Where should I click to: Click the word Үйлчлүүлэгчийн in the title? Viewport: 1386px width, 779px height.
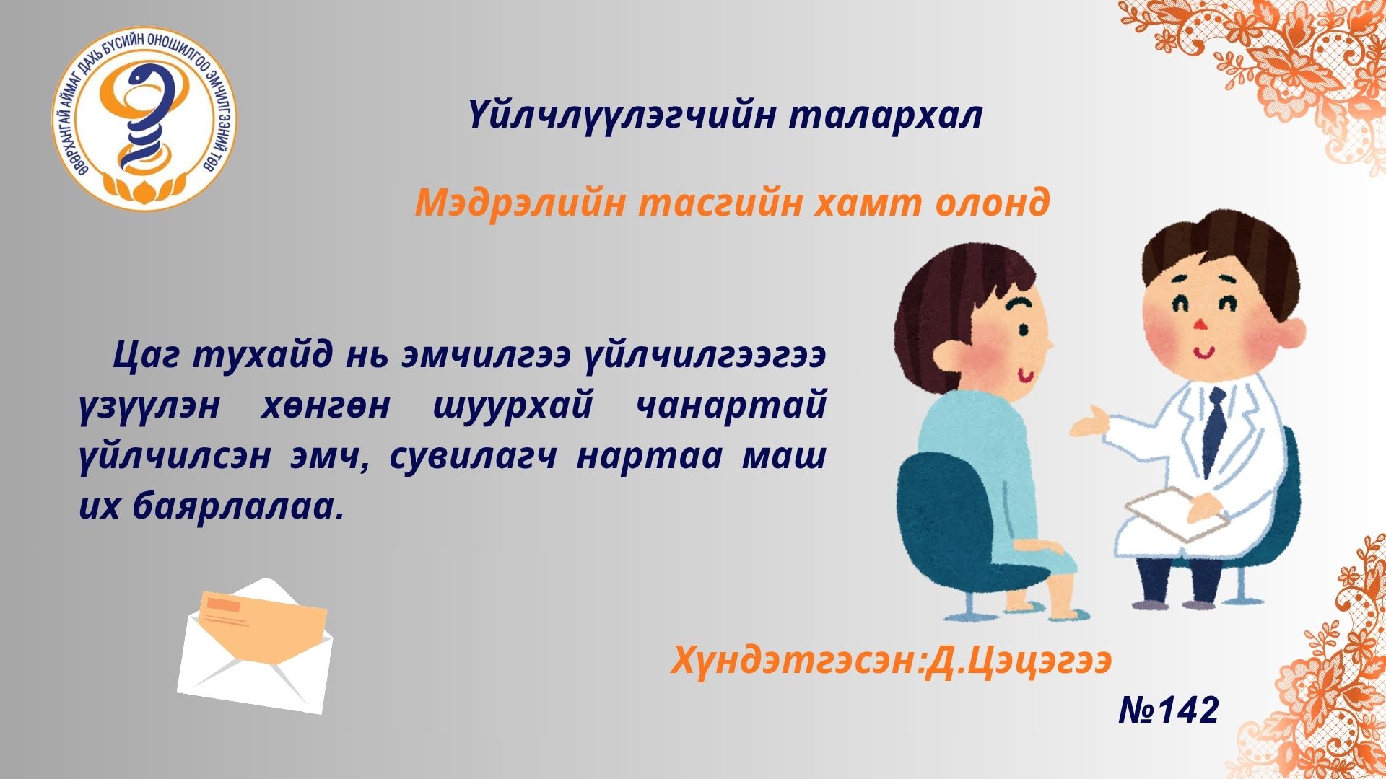(622, 117)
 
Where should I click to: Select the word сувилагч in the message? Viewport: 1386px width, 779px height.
(473, 458)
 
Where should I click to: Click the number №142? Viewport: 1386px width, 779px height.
(1169, 710)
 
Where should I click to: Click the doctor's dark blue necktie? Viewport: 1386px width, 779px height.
(1216, 430)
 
